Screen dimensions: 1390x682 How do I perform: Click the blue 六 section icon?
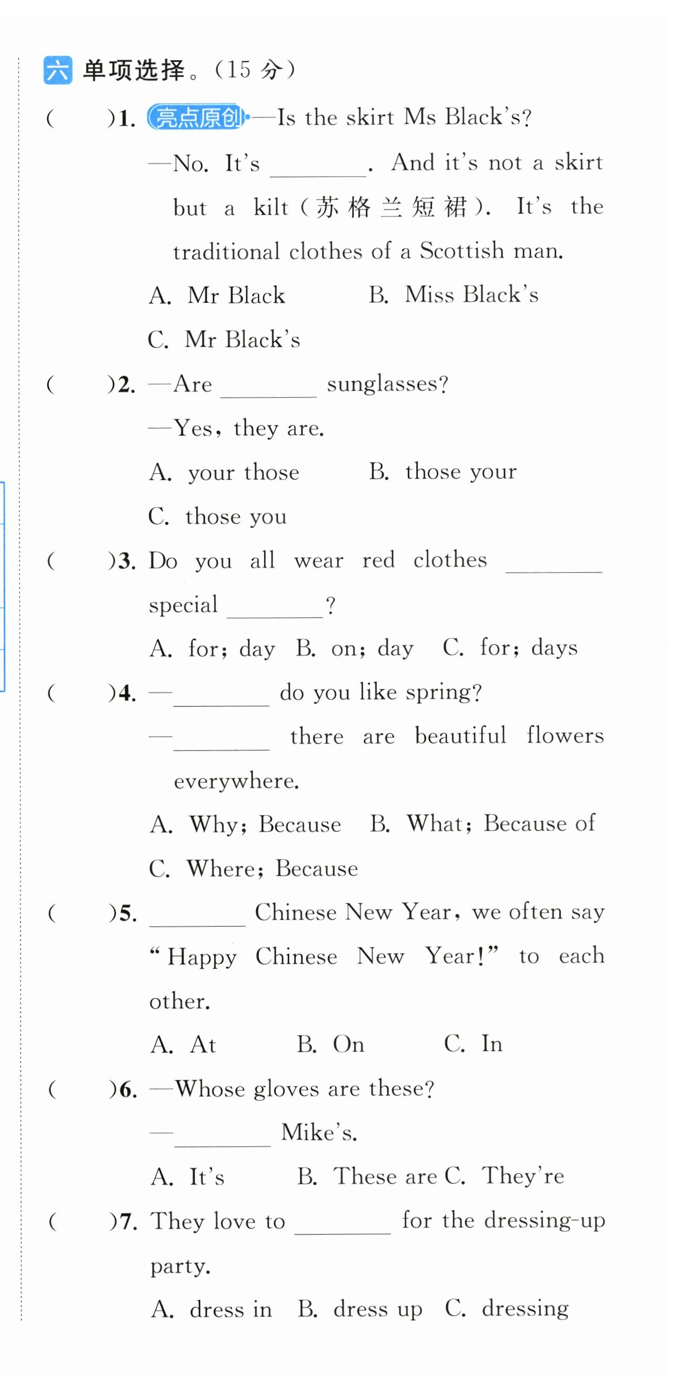point(57,70)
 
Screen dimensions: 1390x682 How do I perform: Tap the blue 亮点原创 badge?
point(197,117)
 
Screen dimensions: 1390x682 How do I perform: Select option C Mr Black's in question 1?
point(224,340)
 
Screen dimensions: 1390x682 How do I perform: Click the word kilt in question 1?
point(271,208)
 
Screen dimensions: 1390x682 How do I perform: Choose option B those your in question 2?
point(443,472)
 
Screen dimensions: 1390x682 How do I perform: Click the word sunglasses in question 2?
point(387,384)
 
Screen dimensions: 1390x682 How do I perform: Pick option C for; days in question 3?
point(510,648)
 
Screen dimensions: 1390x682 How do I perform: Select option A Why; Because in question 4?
point(246,825)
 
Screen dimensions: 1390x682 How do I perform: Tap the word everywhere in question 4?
point(236,781)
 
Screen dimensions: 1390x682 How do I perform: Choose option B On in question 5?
point(330,1045)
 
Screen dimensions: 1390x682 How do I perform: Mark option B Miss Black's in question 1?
point(453,295)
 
